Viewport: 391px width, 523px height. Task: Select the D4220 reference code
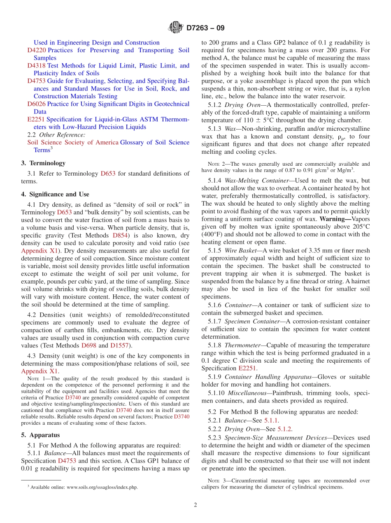click(37, 50)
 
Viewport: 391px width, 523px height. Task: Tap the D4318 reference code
click(37, 65)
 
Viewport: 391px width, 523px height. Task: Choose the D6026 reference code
click(37, 104)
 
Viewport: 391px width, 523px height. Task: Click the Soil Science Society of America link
click(73, 142)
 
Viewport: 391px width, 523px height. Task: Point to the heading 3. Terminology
click(43, 163)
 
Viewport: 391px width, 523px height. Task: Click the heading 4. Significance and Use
click(55, 194)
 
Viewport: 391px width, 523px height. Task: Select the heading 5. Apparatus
click(40, 435)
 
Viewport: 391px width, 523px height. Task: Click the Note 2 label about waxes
click(216, 164)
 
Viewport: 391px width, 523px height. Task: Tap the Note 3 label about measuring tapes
click(216, 481)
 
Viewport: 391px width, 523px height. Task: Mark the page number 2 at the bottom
click(195, 505)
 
